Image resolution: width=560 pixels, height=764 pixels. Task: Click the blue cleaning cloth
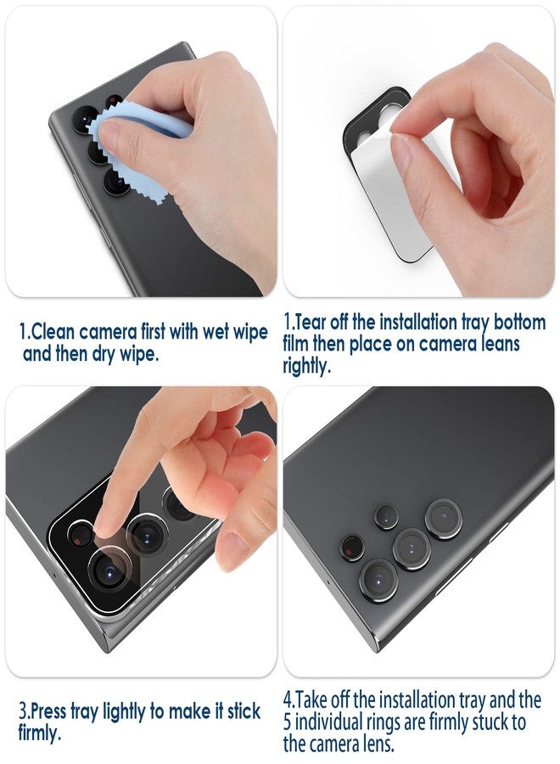pyautogui.click(x=127, y=136)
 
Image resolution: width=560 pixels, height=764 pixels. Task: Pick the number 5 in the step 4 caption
pyautogui.click(x=289, y=722)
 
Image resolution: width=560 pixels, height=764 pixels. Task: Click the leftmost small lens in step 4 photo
pyautogui.click(x=351, y=548)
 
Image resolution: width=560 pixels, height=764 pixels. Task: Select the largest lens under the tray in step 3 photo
pyautogui.click(x=109, y=571)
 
